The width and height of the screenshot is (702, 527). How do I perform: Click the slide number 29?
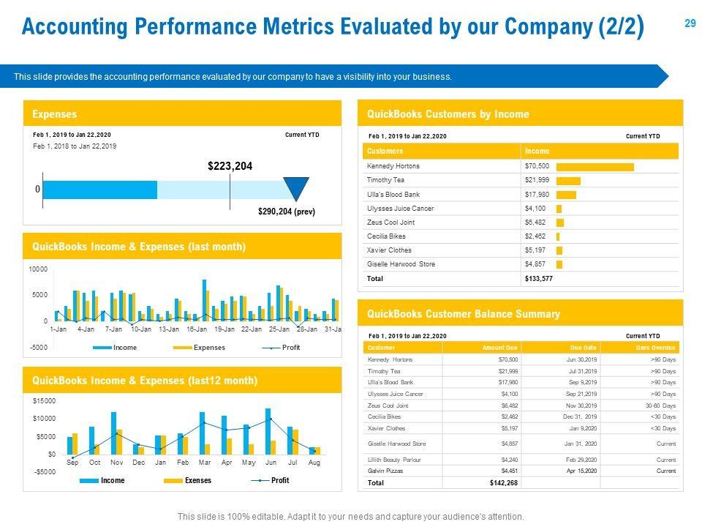(690, 23)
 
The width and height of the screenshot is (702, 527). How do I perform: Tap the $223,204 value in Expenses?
(230, 167)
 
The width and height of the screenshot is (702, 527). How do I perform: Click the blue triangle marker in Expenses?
(296, 188)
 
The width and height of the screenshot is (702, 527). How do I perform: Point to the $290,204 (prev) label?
(287, 212)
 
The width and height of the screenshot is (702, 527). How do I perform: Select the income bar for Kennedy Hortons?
(595, 167)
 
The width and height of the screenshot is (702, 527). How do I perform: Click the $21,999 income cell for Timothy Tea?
(536, 181)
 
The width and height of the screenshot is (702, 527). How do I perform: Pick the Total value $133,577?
(538, 279)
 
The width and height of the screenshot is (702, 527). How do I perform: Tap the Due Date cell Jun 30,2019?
(582, 360)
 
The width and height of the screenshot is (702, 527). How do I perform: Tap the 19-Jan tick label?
(224, 329)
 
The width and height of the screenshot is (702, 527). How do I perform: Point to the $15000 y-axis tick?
(44, 401)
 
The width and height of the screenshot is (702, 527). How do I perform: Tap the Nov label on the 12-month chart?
(116, 463)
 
